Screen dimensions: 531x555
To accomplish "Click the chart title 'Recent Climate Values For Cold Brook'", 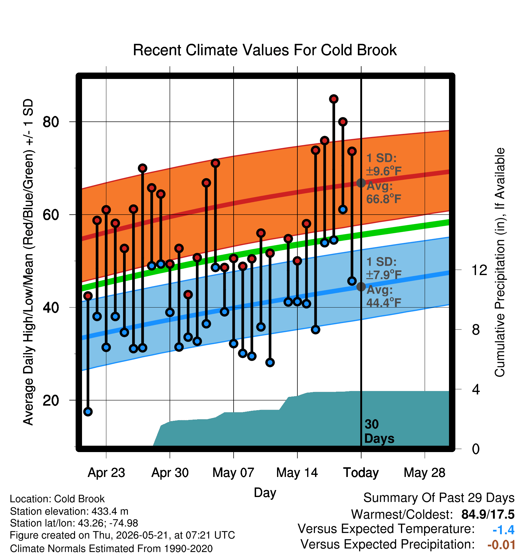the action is click(265, 50).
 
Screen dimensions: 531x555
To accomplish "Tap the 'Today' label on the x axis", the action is click(361, 473).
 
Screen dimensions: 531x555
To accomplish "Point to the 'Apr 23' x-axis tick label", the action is click(106, 473).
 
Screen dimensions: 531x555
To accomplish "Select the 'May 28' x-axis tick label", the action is click(424, 473).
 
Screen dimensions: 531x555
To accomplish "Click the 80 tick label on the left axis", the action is click(51, 122).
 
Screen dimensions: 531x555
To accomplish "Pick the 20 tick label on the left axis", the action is click(51, 400).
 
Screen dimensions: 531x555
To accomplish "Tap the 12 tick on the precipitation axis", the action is click(479, 270).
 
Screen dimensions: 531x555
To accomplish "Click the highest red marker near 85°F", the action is click(334, 99).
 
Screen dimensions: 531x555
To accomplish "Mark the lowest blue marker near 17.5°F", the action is click(88, 412).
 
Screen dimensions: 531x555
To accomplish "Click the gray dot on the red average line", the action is click(361, 183).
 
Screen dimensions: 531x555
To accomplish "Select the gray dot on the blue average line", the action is click(361, 287).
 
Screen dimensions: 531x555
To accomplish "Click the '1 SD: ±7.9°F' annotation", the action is click(384, 268).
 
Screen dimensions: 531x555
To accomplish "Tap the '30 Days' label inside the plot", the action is click(379, 431).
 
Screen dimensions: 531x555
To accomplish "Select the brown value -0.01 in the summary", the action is click(501, 545).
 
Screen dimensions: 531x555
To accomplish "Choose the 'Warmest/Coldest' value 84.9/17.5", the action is click(488, 514).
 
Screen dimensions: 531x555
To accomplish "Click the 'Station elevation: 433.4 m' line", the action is click(69, 511).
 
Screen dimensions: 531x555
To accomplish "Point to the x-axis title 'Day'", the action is click(265, 493).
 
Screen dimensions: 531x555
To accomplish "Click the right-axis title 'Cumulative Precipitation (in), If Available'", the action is click(499, 262).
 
